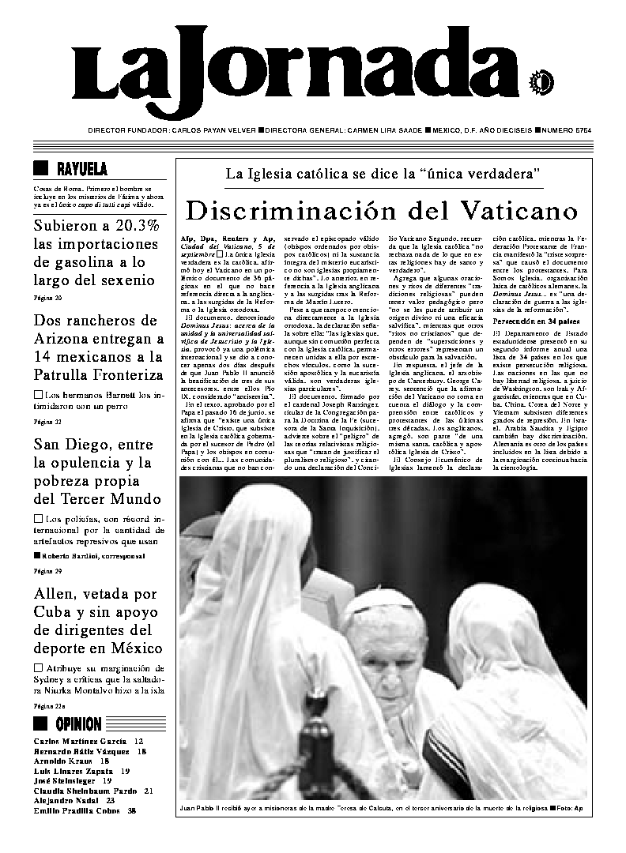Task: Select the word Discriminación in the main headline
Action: tap(294, 211)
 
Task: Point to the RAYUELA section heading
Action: tap(82, 169)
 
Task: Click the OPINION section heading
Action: tap(78, 724)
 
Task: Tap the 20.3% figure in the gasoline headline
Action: tap(131, 226)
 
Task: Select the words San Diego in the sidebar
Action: tap(70, 445)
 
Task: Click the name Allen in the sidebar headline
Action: tap(55, 593)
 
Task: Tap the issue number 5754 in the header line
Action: tap(580, 130)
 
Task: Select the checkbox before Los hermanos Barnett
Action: tap(38, 393)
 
